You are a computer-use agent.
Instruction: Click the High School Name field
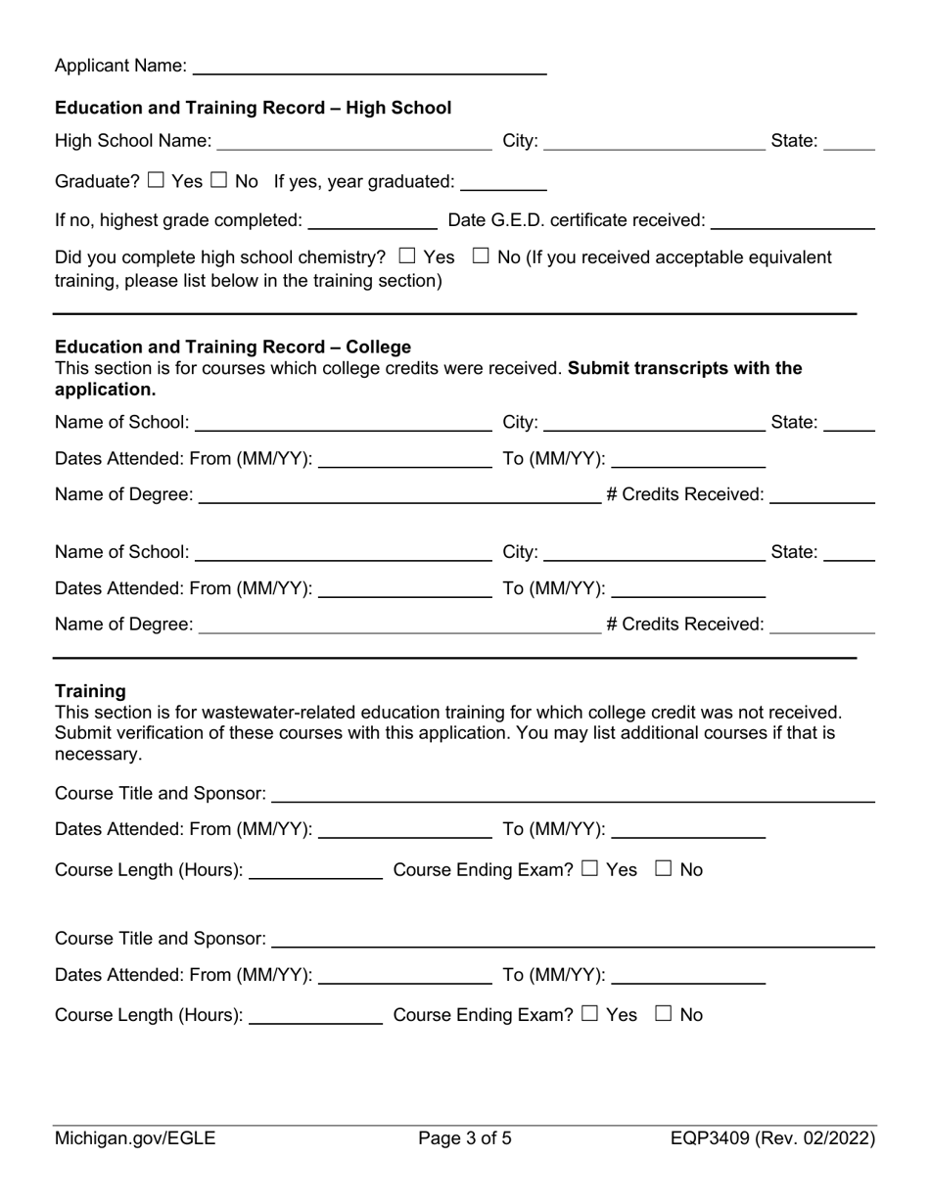[x=353, y=141]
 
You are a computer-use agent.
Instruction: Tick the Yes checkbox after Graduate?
[x=157, y=180]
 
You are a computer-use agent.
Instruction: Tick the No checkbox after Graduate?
[x=220, y=180]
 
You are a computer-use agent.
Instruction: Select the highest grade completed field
[x=372, y=220]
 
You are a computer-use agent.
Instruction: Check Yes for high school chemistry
[x=408, y=256]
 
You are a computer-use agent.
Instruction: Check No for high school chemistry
[x=481, y=256]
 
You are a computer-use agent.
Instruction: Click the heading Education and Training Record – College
[x=233, y=347]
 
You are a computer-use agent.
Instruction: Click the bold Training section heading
[x=90, y=691]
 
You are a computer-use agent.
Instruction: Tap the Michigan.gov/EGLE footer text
[x=135, y=1138]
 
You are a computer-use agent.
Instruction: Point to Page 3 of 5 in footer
[x=465, y=1138]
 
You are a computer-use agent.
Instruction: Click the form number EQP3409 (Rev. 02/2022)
[x=773, y=1138]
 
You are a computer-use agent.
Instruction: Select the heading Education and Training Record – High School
[x=253, y=108]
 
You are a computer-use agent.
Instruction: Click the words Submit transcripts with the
[x=685, y=368]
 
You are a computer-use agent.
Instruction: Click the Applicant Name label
[x=120, y=66]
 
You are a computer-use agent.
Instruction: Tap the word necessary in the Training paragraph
[x=98, y=754]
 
